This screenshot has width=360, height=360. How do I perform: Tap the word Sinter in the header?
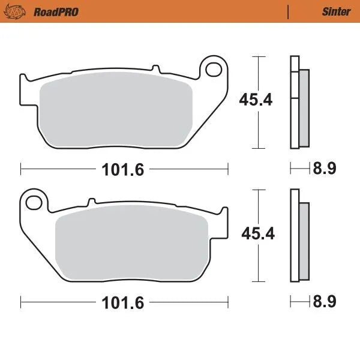(336, 11)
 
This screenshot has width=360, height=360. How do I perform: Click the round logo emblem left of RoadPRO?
(21, 11)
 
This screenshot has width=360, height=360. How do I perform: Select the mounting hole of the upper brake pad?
(212, 70)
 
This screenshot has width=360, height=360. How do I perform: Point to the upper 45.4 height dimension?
(256, 100)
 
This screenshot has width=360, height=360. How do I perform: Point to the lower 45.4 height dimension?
(257, 233)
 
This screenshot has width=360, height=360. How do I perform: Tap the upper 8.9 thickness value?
(323, 169)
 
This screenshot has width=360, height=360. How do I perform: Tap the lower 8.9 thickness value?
(323, 302)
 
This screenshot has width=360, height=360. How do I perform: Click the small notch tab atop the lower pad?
(92, 202)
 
